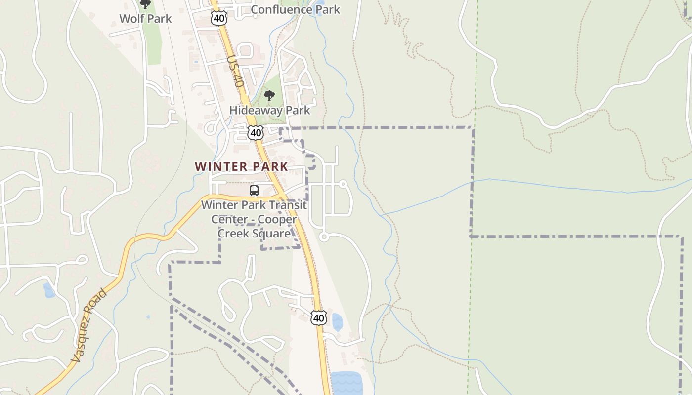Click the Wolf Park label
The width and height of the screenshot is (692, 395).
(145, 19)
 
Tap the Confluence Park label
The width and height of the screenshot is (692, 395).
(295, 9)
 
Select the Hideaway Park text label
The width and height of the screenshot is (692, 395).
(270, 110)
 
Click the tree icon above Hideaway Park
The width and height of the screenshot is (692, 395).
(269, 96)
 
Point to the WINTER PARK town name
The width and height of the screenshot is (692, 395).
(241, 166)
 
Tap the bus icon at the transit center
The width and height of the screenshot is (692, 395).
(254, 191)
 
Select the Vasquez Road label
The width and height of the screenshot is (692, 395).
(88, 326)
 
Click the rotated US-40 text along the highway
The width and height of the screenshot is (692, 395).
(236, 72)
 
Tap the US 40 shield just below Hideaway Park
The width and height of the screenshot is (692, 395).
(256, 132)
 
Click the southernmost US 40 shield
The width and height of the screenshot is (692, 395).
(319, 318)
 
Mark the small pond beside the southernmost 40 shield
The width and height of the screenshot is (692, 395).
(337, 322)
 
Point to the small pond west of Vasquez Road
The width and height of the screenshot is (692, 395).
(49, 290)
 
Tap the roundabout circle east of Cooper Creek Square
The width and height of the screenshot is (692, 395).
(324, 237)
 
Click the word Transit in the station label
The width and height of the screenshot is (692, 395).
(290, 205)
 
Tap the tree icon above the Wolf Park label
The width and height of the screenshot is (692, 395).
(145, 4)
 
